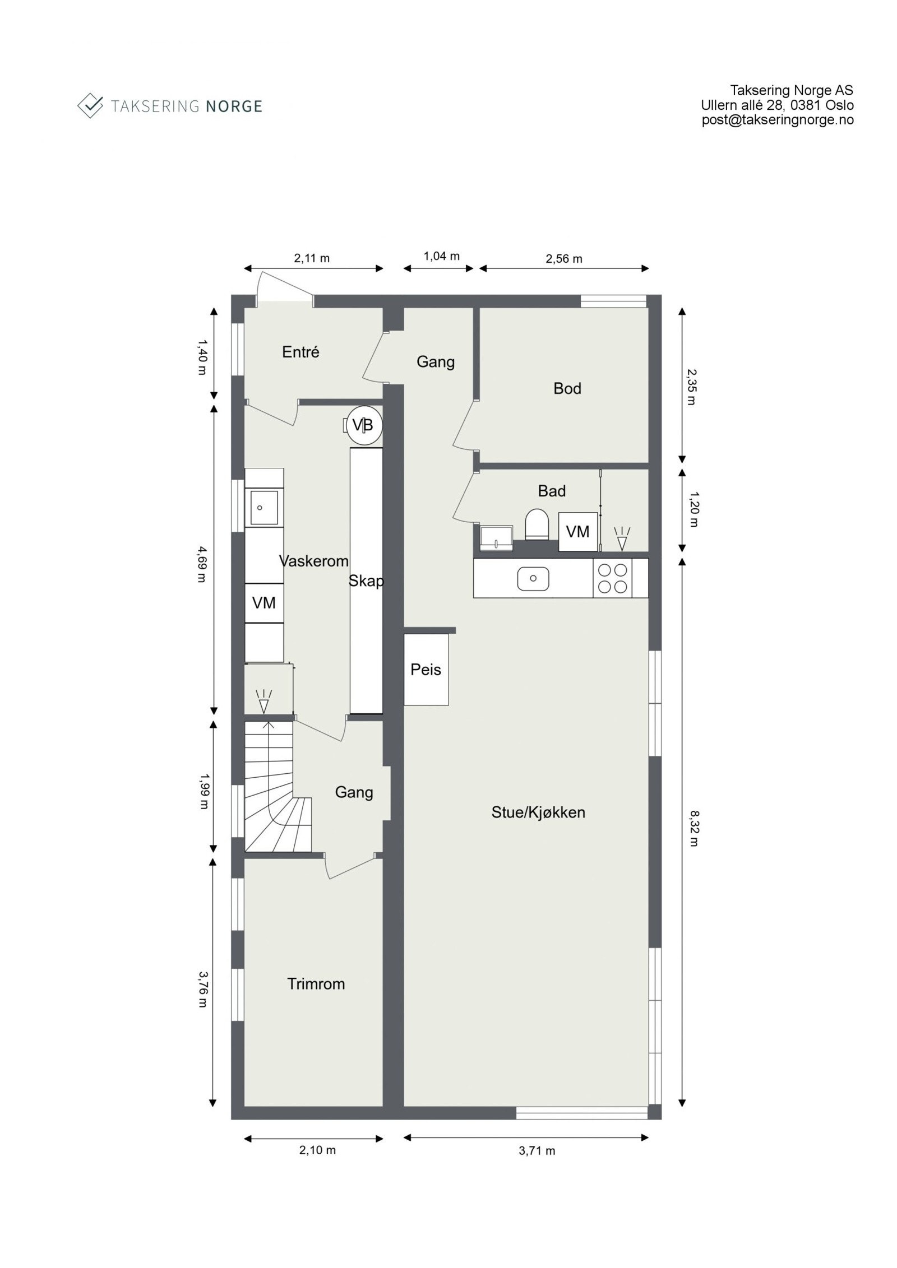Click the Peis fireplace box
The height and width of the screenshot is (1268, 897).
(426, 669)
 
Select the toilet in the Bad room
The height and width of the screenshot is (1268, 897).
(536, 524)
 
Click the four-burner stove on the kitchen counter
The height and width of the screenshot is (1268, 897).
(612, 578)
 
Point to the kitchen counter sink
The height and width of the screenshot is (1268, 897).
(533, 578)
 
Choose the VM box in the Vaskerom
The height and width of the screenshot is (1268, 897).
(263, 603)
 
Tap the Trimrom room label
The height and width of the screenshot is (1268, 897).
(316, 983)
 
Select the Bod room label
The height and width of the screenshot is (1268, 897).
(567, 388)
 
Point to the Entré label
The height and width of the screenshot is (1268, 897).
(300, 352)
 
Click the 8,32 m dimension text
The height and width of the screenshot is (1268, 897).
(693, 828)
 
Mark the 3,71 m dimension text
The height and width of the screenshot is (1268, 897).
(537, 1151)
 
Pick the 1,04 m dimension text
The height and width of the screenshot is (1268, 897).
(441, 256)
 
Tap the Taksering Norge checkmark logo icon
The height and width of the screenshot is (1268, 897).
(90, 105)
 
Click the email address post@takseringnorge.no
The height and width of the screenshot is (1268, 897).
(777, 120)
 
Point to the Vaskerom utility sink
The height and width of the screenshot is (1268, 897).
(263, 507)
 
